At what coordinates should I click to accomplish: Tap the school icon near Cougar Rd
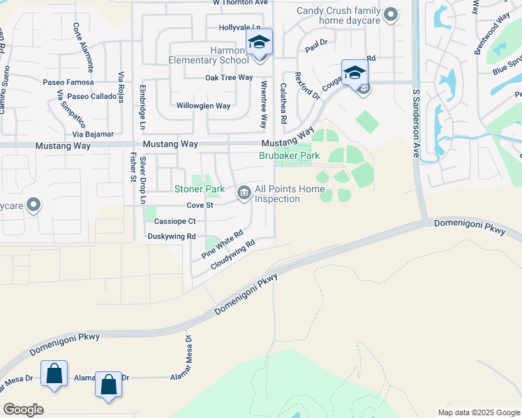(355, 73)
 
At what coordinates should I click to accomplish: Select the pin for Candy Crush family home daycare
(391, 14)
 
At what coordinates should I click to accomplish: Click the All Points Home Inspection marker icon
(244, 192)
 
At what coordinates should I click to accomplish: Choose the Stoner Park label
(200, 189)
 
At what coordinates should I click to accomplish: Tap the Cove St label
(199, 206)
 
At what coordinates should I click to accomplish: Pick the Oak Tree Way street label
(228, 77)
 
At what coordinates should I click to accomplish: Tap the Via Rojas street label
(121, 87)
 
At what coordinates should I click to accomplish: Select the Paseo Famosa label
(64, 82)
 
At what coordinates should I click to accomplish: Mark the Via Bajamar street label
(94, 133)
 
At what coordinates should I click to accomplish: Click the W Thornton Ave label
(241, 3)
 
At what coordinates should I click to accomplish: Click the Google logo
(23, 410)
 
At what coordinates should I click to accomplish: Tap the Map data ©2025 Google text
(478, 412)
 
